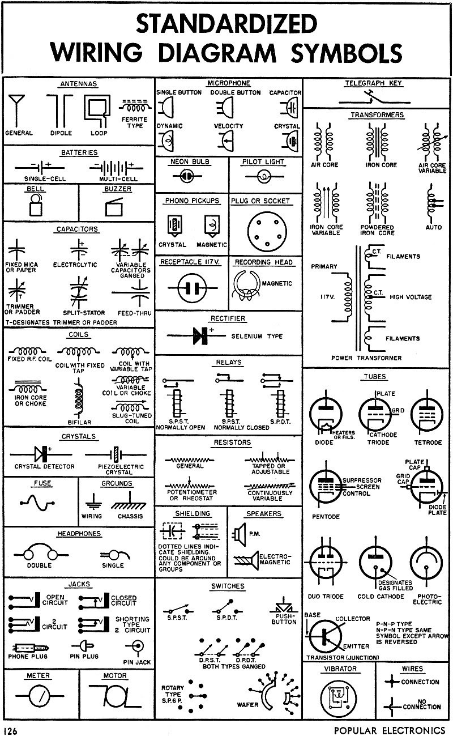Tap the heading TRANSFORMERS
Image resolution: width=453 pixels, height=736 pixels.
(x=377, y=115)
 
